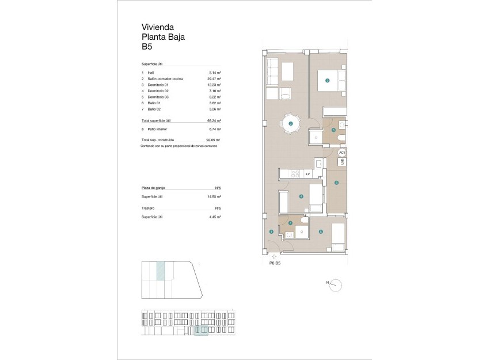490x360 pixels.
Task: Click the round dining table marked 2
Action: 291,123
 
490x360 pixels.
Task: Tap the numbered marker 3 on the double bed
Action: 327,81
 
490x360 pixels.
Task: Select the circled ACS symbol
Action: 341,153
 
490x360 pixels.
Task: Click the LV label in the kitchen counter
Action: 308,173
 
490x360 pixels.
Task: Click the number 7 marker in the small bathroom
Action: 290,223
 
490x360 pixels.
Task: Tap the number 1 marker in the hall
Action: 271,232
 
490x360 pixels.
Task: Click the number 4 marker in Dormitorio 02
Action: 301,196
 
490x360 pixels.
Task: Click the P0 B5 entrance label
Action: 275,263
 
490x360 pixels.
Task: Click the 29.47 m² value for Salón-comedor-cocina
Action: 214,78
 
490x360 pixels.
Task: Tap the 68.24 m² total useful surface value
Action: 214,121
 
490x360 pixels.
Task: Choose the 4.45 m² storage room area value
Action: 215,217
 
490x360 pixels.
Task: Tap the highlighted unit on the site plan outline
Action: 161,270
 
